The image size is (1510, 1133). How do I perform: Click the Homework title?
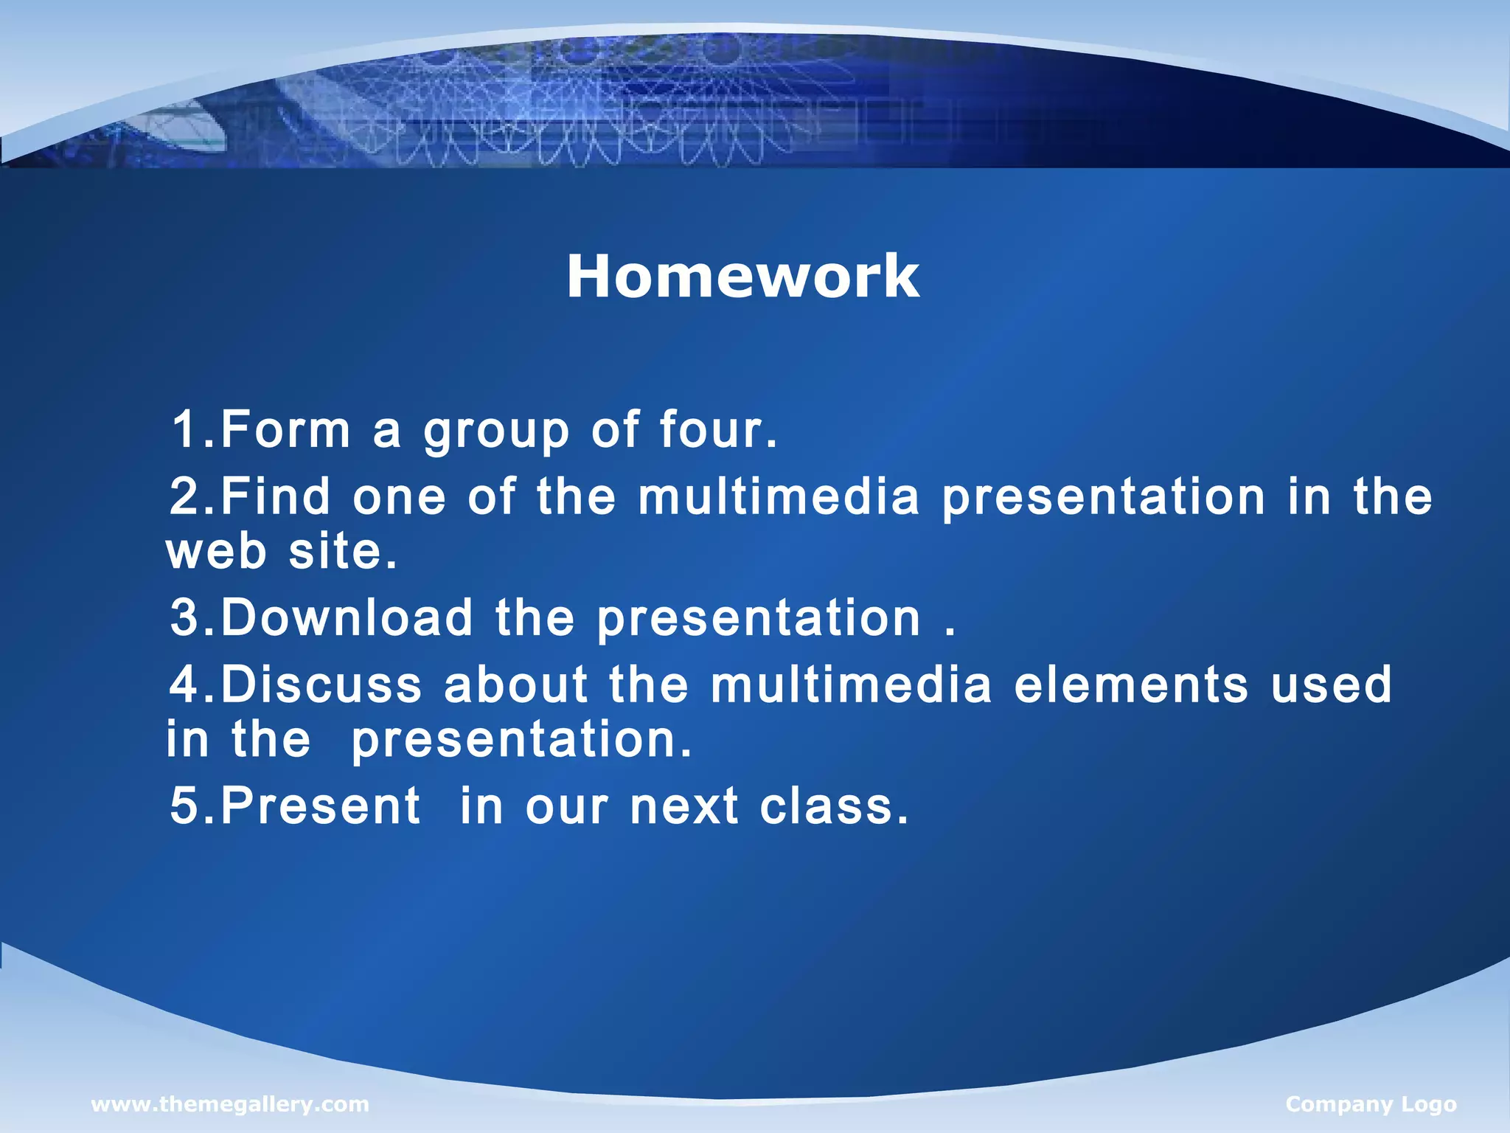pyautogui.click(x=742, y=276)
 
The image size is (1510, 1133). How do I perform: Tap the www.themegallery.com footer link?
pyautogui.click(x=229, y=1104)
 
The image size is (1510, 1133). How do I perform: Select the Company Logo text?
pyautogui.click(x=1371, y=1104)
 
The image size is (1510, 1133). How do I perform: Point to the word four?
pyautogui.click(x=717, y=429)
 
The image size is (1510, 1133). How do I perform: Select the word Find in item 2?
pyautogui.click(x=275, y=496)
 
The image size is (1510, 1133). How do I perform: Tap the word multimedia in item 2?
pyautogui.click(x=779, y=496)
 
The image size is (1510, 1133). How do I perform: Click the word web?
pyautogui.click(x=216, y=552)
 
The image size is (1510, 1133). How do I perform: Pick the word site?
pyautogui.click(x=342, y=552)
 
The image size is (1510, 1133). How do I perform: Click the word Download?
pyautogui.click(x=347, y=617)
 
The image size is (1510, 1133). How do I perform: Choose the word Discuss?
pyautogui.click(x=321, y=685)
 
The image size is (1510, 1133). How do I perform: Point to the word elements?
pyautogui.click(x=1130, y=685)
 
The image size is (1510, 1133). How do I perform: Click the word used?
pyautogui.click(x=1331, y=685)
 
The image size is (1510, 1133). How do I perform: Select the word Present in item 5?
pyautogui.click(x=321, y=805)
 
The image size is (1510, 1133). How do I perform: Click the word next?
pyautogui.click(x=684, y=805)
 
